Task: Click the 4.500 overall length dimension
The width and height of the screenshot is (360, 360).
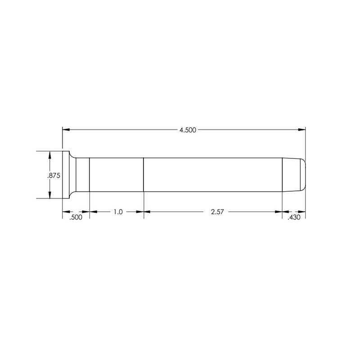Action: (188, 130)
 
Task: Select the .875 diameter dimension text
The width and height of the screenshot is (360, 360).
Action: (54, 175)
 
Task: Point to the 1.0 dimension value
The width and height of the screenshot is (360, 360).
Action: (117, 211)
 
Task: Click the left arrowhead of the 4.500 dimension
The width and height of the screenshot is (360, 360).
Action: (66, 130)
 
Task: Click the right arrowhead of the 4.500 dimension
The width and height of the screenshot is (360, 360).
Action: (302, 130)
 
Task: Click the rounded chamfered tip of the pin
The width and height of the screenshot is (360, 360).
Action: (297, 175)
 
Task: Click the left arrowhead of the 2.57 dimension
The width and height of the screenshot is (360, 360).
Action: (147, 211)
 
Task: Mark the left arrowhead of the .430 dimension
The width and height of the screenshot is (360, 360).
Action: (285, 211)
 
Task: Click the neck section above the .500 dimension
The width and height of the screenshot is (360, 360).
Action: (81, 175)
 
